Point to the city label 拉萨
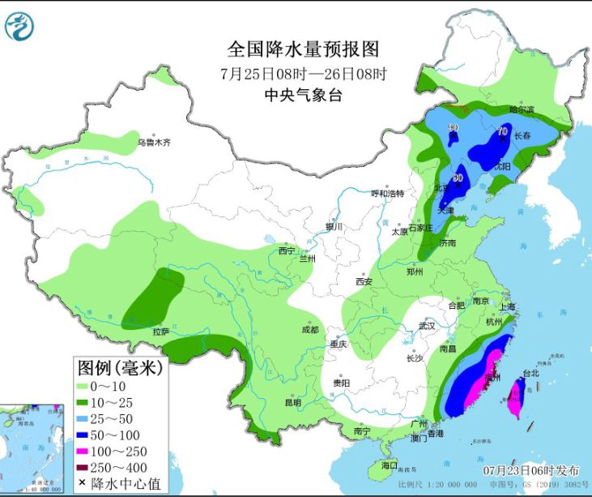[x=160, y=331]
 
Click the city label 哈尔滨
[x=522, y=109]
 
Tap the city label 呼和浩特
[x=387, y=193]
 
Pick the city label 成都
[x=309, y=329]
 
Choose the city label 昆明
[x=292, y=402]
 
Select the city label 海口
[x=390, y=465]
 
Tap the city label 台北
[x=530, y=374]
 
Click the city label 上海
[x=508, y=306]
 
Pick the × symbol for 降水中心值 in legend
[x=84, y=483]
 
